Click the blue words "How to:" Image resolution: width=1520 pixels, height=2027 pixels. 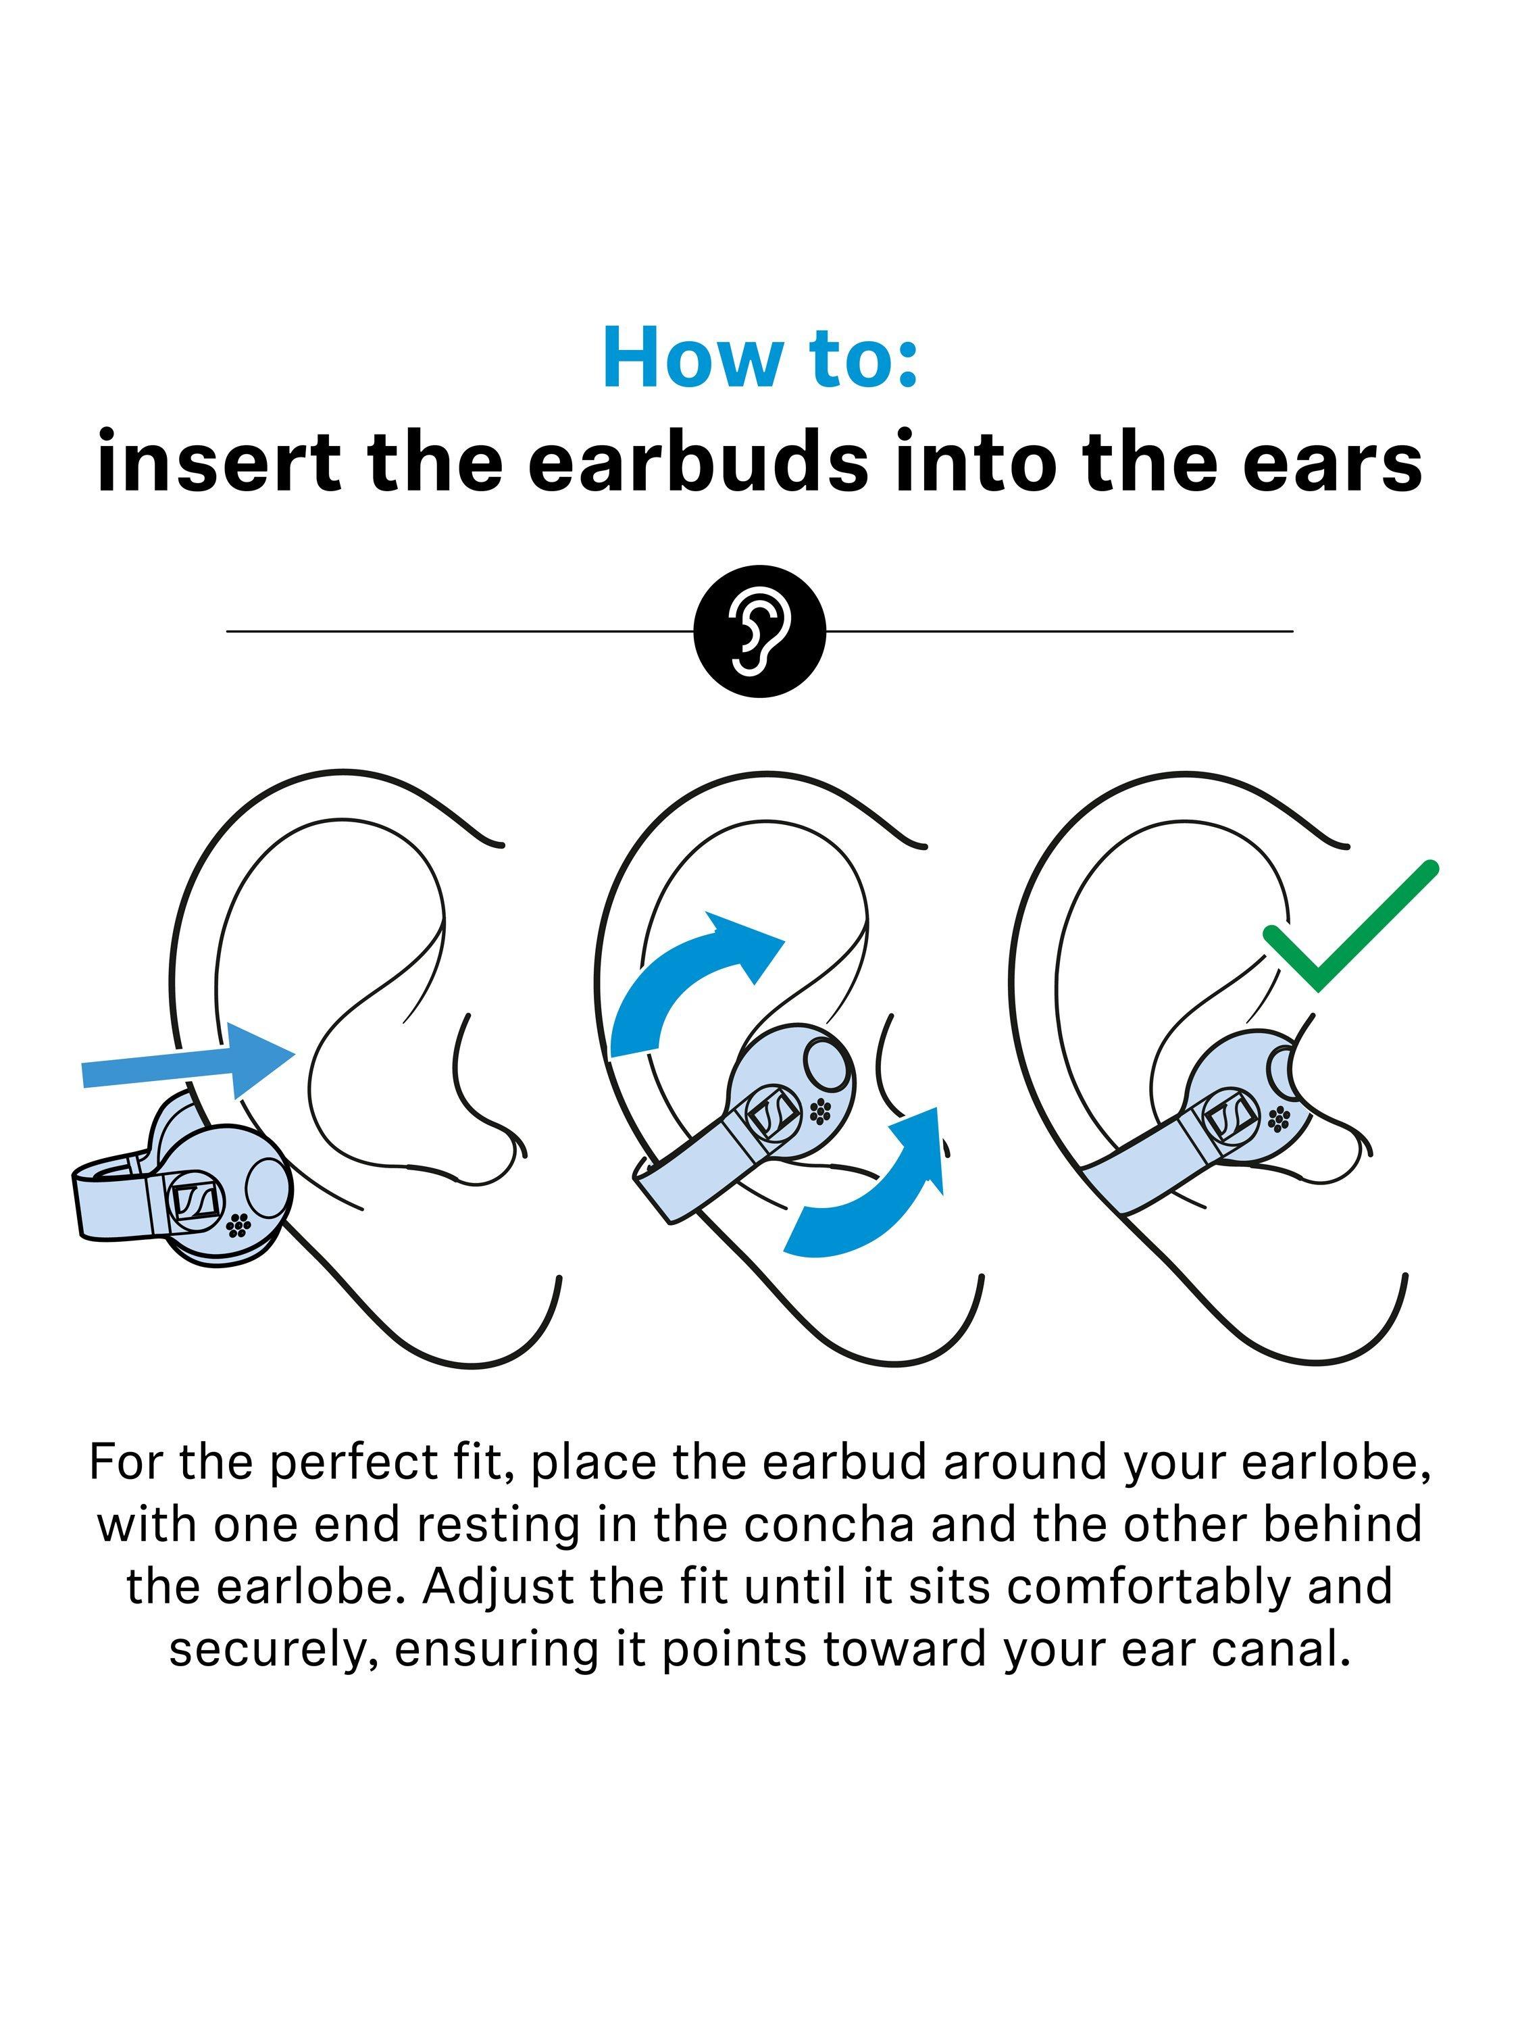pos(759,357)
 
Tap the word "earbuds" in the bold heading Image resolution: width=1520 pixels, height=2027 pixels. pos(697,461)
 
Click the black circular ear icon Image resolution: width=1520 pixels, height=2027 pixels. pos(759,630)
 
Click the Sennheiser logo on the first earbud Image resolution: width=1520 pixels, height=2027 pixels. pos(195,1199)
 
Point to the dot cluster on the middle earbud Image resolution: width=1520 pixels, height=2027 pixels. pos(820,1111)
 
